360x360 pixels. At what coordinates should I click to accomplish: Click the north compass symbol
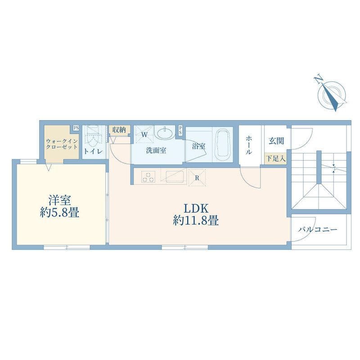[332, 92]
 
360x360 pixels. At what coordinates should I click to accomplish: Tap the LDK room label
[196, 208]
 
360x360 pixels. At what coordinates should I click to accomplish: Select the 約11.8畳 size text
[196, 221]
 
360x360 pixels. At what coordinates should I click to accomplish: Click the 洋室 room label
[59, 200]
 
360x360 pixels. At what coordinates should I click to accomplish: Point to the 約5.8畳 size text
[59, 212]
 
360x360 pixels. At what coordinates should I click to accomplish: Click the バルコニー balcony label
[317, 229]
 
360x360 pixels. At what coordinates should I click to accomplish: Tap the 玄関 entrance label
[276, 141]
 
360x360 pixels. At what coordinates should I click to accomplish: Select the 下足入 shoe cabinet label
[276, 158]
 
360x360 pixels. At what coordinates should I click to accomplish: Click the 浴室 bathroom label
[198, 146]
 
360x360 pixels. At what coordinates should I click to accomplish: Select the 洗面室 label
[156, 150]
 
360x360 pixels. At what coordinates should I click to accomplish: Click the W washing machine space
[144, 134]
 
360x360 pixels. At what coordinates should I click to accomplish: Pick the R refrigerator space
[197, 177]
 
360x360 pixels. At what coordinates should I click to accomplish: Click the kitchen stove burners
[148, 177]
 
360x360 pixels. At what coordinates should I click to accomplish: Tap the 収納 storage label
[119, 130]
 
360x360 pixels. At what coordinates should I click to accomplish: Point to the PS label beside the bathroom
[180, 130]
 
